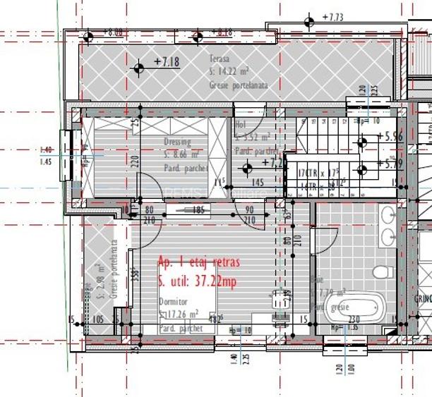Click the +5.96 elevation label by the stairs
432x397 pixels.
click(x=390, y=138)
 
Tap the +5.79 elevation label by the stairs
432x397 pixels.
click(x=390, y=164)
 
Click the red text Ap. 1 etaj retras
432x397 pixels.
click(x=199, y=262)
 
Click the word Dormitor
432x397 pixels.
click(x=173, y=301)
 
